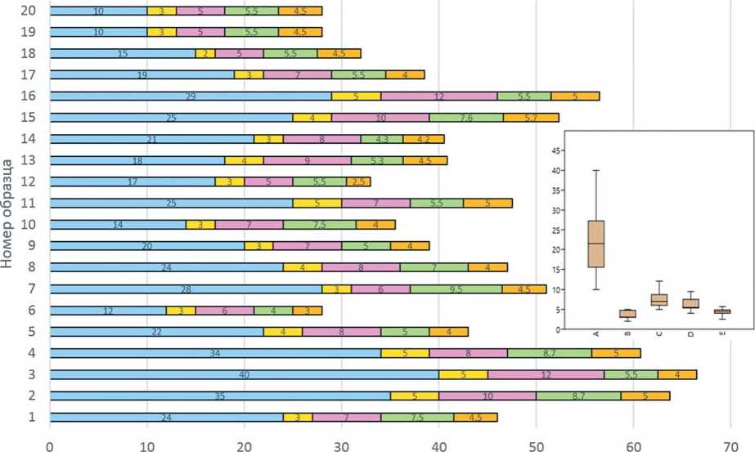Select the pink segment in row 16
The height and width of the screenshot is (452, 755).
(438, 96)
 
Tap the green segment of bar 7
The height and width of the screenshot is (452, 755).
(456, 289)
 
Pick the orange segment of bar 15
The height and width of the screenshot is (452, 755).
(531, 117)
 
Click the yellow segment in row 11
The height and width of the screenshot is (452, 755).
(317, 203)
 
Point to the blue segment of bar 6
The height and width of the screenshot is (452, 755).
(108, 311)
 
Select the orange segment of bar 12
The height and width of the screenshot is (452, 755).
(358, 181)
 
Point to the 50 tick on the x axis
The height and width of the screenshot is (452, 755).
(536, 445)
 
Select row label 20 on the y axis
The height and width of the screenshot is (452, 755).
(29, 11)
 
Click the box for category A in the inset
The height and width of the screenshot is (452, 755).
(595, 244)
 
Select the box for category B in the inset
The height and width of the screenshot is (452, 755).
(627, 313)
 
